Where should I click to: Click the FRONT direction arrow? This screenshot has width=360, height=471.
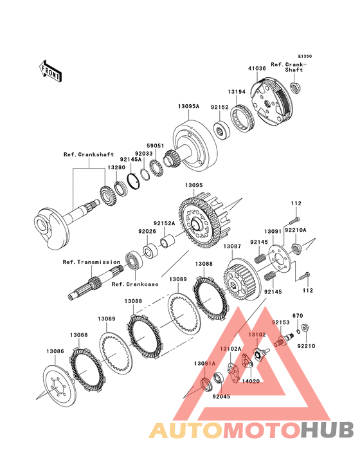coord(50,71)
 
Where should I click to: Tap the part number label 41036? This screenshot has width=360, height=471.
coord(256,68)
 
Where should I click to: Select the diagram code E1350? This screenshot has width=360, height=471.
coord(305,56)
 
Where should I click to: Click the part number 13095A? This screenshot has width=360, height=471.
coord(189,106)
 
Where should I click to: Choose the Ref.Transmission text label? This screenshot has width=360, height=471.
coord(91,262)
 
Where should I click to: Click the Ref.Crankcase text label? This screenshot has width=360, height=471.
coord(135,284)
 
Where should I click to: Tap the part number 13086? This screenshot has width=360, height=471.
coord(55,351)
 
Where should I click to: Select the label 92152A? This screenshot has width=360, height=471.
coord(164,223)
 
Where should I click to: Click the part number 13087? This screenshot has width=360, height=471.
coord(232,246)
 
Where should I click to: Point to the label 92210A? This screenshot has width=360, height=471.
coord(296,230)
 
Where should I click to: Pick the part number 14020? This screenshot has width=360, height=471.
coord(251,381)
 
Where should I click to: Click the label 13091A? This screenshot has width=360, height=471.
coord(205,364)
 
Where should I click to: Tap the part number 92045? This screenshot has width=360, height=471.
coord(221,396)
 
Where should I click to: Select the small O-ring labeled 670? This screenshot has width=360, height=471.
coord(298,331)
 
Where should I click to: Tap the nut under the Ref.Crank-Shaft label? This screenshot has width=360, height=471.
coord(296,88)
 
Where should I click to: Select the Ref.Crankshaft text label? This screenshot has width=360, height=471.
coord(89,154)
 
